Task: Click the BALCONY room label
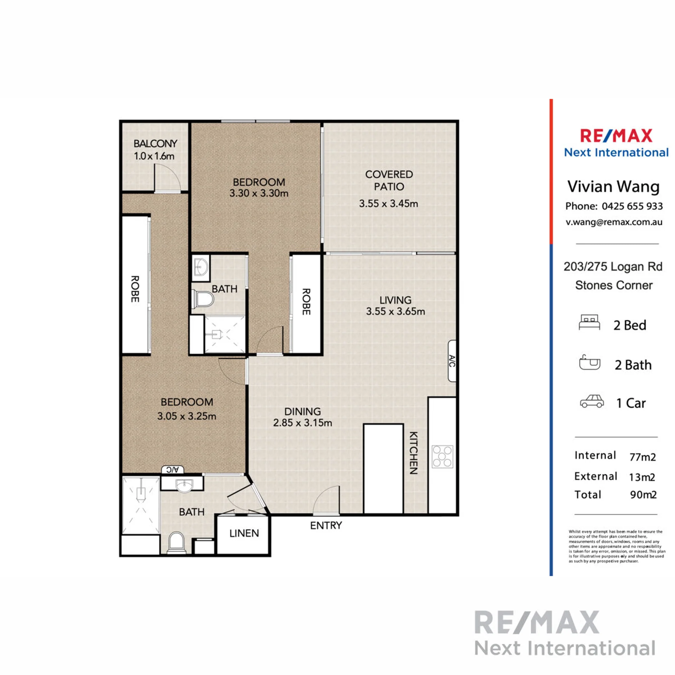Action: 155,143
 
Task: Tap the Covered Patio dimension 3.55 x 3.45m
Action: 388,204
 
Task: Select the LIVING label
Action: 396,300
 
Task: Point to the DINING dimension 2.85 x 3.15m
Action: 303,423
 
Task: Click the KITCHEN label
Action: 414,453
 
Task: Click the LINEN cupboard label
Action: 244,533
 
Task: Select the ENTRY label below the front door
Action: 326,525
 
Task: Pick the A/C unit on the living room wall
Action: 452,361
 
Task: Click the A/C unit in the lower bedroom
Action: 173,469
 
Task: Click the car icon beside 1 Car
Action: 592,401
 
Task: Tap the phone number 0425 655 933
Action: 632,206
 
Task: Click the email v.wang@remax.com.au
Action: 614,222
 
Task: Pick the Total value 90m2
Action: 643,495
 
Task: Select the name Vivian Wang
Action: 613,186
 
